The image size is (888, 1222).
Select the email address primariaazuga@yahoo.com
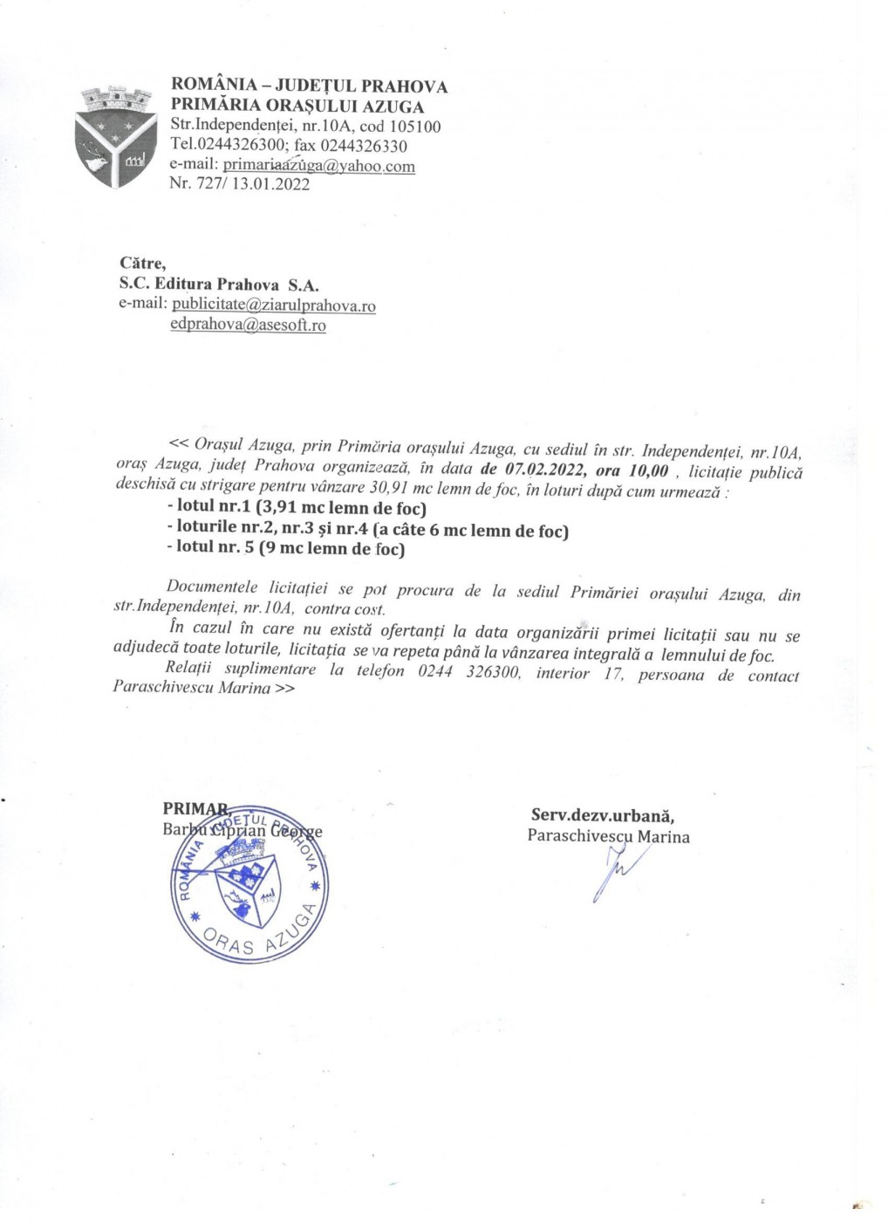pyautogui.click(x=318, y=165)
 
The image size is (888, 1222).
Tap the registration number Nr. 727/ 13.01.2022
pyautogui.click(x=239, y=184)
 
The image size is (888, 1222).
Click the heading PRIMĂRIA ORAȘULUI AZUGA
pyautogui.click(x=297, y=106)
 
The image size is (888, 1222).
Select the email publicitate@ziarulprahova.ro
pyautogui.click(x=273, y=305)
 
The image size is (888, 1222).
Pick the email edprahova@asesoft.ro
pyautogui.click(x=248, y=326)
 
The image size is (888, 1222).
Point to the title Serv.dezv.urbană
pyautogui.click(x=602, y=815)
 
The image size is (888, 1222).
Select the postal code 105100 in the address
pyautogui.click(x=411, y=127)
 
